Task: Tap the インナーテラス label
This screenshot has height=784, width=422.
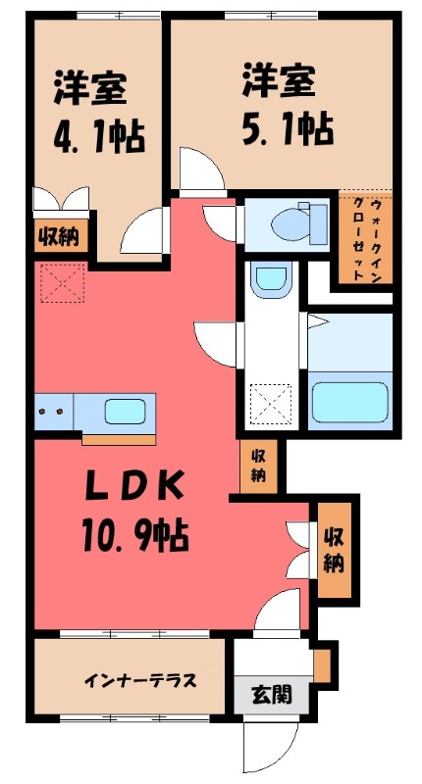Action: pos(127,680)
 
